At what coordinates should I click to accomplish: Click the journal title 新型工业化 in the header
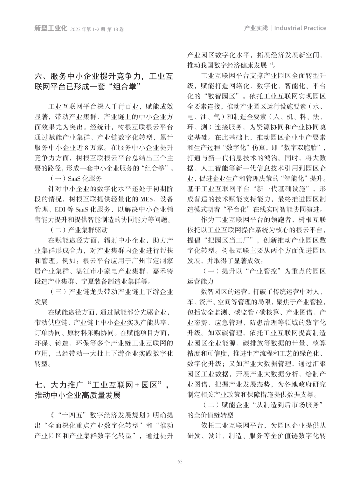(51, 28)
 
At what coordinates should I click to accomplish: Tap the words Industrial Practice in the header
(300, 28)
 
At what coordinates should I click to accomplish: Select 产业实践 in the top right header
(256, 28)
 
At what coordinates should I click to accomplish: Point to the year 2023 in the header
(76, 29)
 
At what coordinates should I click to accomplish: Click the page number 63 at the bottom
(180, 462)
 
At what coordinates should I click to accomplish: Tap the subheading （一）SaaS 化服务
(76, 178)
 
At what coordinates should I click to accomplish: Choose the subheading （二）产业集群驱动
(79, 230)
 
